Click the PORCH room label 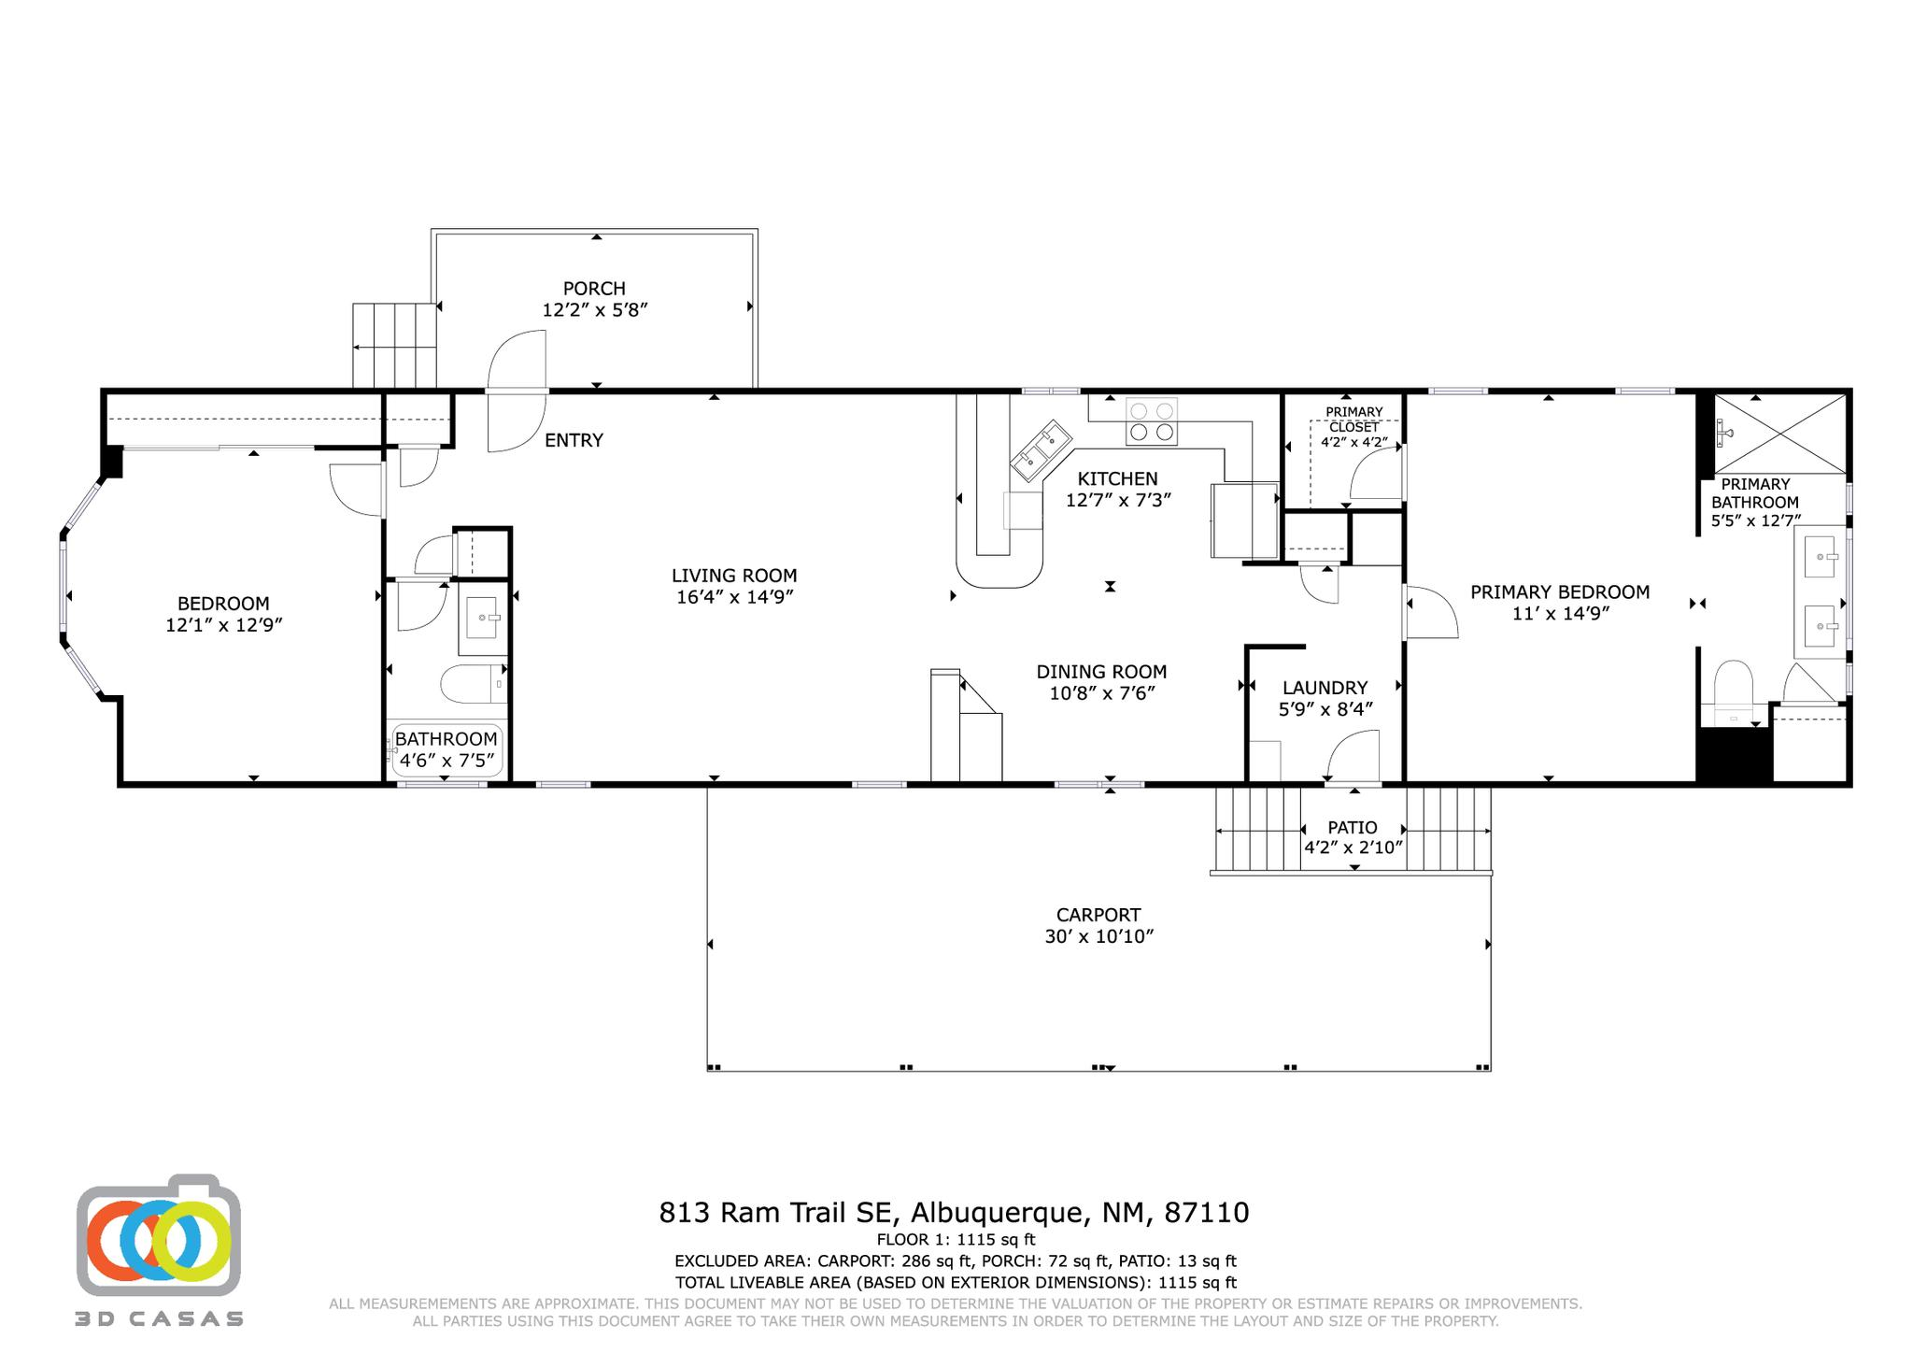(x=594, y=289)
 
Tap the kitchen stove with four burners (x=1151, y=420)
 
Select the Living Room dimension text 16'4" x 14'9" (x=735, y=597)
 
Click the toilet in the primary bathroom (x=1733, y=685)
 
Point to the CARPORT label (x=1098, y=915)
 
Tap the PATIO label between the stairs (x=1352, y=828)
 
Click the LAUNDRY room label (x=1325, y=688)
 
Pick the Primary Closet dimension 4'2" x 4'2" (x=1353, y=443)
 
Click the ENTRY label (x=574, y=440)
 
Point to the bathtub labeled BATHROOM (x=446, y=750)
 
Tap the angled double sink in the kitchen (x=1041, y=450)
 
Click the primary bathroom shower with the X (x=1779, y=434)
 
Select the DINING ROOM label (x=1101, y=672)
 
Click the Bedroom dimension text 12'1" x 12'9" (x=224, y=625)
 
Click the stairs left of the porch (x=394, y=345)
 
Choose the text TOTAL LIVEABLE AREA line (x=955, y=1283)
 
